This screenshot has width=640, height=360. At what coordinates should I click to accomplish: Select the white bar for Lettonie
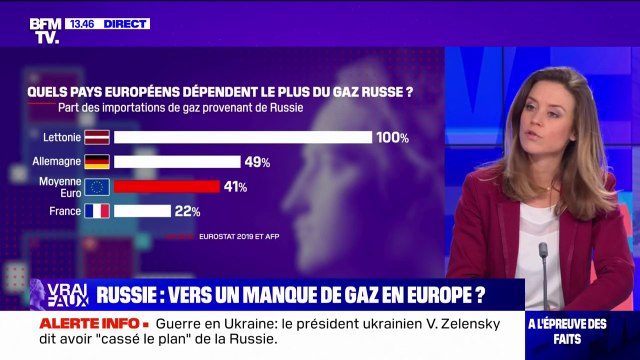242,137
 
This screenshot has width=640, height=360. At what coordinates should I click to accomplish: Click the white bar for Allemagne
177,161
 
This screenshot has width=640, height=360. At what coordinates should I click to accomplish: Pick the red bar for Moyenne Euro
166,186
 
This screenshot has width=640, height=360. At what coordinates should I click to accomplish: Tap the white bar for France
142,211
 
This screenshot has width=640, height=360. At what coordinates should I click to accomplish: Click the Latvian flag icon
97,137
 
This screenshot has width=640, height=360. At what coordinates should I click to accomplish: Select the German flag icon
97,161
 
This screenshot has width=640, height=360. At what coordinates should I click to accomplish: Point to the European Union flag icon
97,186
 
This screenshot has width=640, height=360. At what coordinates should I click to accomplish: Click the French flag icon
97,211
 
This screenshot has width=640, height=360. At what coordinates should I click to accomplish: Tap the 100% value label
392,138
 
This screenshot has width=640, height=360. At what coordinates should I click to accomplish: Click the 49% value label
258,162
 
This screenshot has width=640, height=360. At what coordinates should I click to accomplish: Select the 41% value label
236,187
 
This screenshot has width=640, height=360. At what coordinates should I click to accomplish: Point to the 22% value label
188,212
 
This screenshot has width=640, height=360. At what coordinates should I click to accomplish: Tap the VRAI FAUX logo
58,294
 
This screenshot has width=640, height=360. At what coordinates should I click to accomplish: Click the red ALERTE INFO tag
76,324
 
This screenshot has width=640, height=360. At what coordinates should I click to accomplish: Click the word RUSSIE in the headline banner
136,295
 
